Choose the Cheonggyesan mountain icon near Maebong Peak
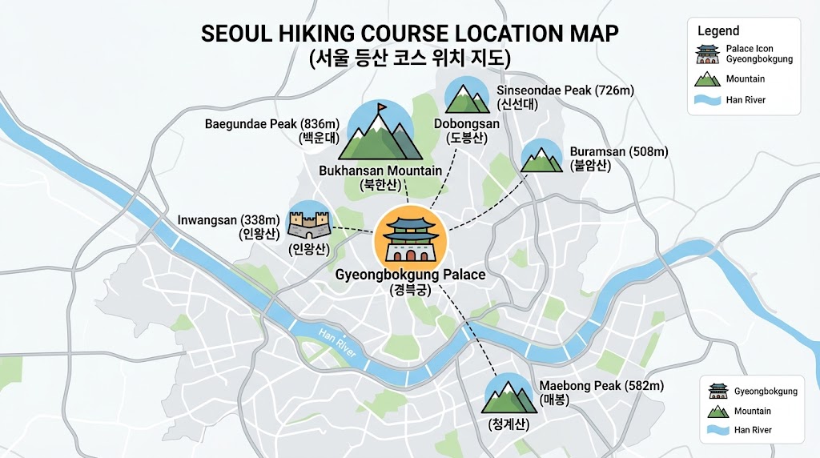pyautogui.click(x=508, y=396)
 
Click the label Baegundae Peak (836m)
pyautogui.click(x=272, y=124)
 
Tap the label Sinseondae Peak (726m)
pyautogui.click(x=565, y=90)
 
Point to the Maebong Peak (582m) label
pyautogui.click(x=601, y=386)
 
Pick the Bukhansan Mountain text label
pyautogui.click(x=380, y=171)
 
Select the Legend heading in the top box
pyautogui.click(x=718, y=31)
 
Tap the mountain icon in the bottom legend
pyautogui.click(x=718, y=411)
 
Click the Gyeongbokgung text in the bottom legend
pyautogui.click(x=766, y=392)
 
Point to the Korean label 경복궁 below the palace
pyautogui.click(x=410, y=291)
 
